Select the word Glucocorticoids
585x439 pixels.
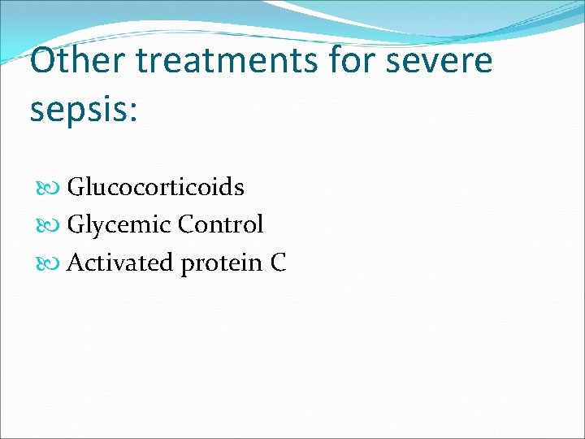(x=155, y=187)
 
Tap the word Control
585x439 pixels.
(x=220, y=224)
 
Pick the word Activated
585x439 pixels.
(x=120, y=263)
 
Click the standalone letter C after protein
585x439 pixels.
(x=278, y=263)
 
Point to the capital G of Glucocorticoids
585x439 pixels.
(x=75, y=187)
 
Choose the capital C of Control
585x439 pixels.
(x=186, y=224)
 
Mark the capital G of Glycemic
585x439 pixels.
(x=75, y=224)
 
